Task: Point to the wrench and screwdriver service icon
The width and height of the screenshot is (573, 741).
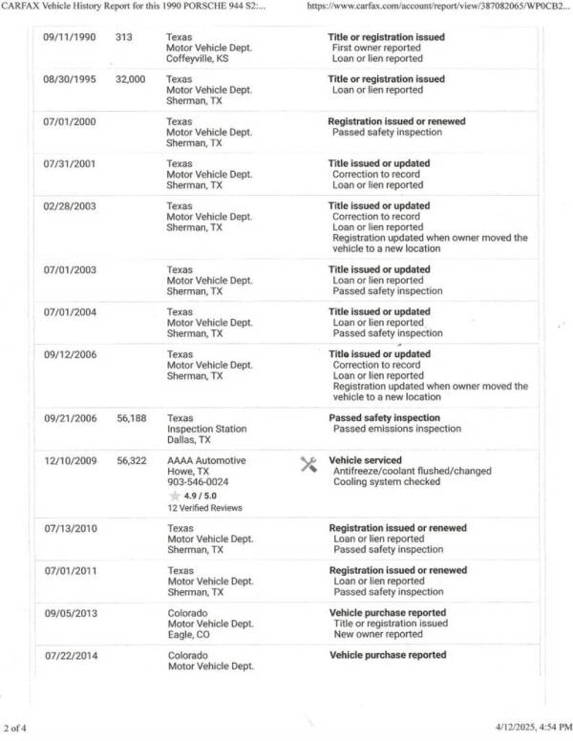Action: coord(308,465)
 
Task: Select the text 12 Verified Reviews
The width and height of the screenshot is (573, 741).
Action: coord(202,508)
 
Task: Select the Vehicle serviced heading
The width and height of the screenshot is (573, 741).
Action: coord(365,460)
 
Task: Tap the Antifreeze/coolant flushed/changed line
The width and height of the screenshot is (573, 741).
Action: coord(412,472)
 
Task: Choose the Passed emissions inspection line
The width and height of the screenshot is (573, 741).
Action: coord(396,430)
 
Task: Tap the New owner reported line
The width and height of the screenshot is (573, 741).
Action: coord(377,634)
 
